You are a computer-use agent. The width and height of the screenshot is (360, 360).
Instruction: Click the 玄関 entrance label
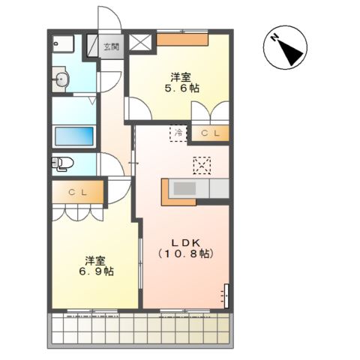[x=111, y=46]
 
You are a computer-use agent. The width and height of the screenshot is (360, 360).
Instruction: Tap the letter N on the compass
[x=275, y=37]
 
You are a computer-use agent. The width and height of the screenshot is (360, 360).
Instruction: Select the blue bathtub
[x=74, y=136]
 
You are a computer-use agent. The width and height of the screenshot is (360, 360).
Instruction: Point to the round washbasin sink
[x=61, y=79]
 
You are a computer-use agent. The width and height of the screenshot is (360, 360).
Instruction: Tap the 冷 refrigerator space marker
[x=178, y=133]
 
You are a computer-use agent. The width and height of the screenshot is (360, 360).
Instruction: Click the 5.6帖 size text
[x=182, y=88]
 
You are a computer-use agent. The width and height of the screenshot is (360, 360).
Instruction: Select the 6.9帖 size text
[x=97, y=271]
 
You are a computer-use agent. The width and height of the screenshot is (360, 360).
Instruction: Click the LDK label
[x=186, y=243]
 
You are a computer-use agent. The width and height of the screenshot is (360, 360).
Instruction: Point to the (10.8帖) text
[x=186, y=253]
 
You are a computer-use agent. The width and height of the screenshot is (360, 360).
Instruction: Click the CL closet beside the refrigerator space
[x=210, y=133]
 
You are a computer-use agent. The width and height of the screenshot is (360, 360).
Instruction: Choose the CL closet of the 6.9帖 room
[x=78, y=192]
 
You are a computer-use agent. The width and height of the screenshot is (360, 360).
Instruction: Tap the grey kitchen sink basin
[x=184, y=188]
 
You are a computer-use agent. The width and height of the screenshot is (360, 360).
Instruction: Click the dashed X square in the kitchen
[x=202, y=166]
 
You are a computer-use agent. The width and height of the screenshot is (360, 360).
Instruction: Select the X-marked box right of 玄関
[x=140, y=43]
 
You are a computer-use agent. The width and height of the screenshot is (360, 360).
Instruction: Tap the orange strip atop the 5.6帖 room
[x=182, y=40]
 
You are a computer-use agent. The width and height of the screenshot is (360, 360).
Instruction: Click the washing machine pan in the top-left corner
[x=63, y=43]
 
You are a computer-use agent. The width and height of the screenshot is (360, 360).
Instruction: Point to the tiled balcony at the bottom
[x=140, y=328]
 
